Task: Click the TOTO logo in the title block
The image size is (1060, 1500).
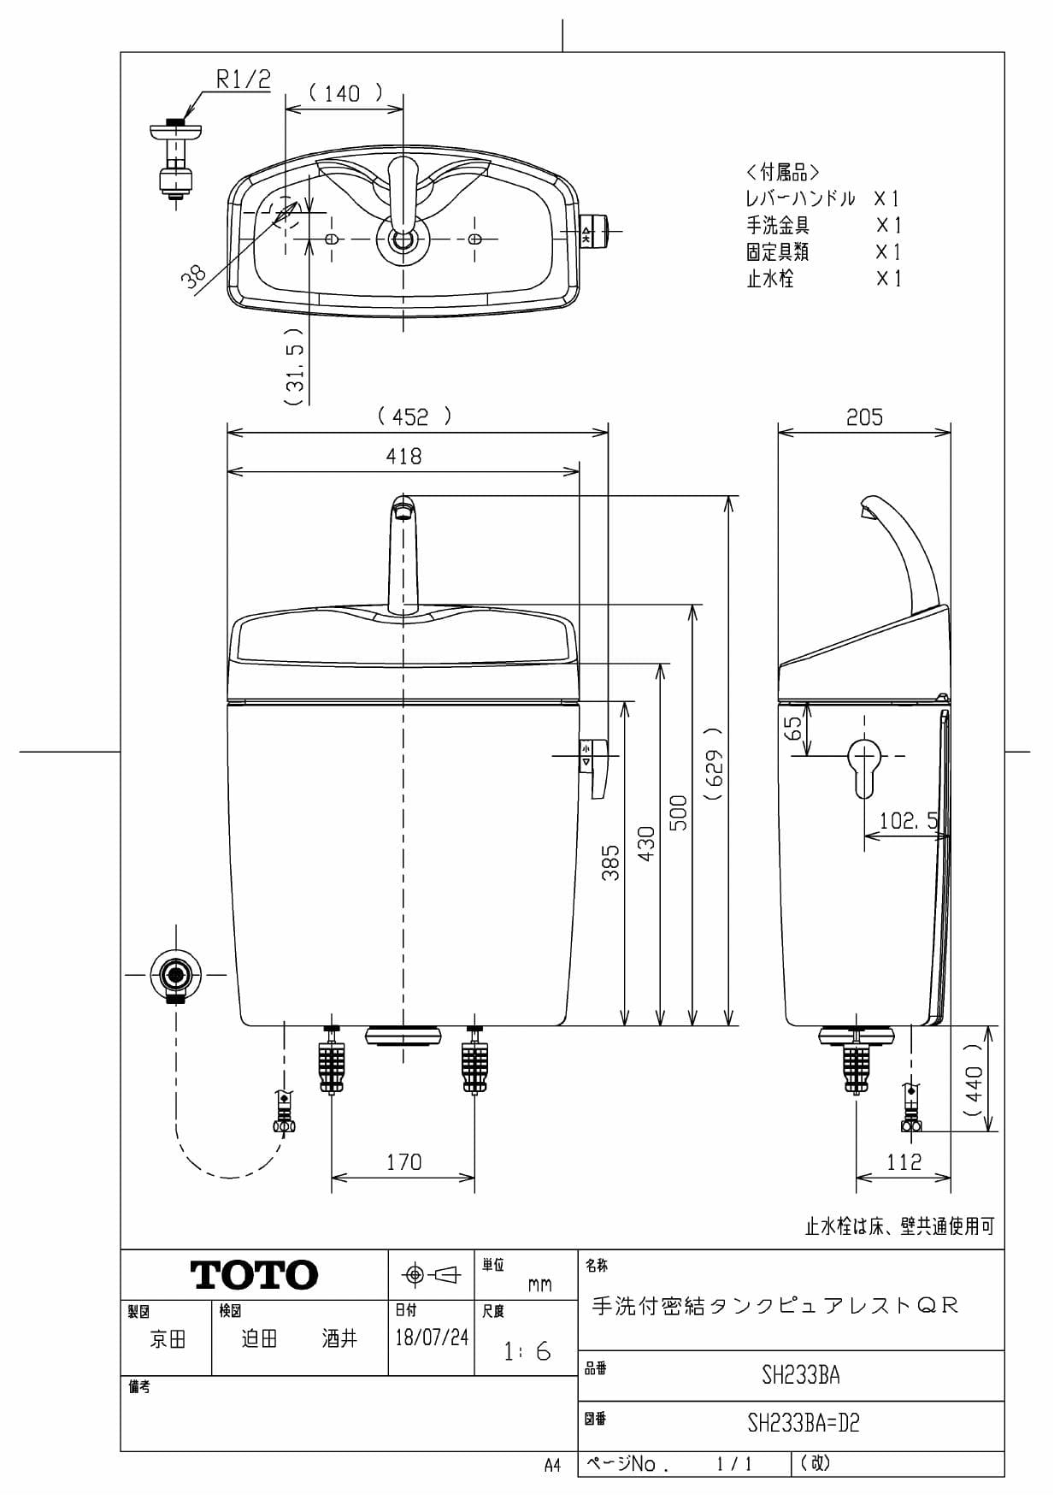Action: [254, 1275]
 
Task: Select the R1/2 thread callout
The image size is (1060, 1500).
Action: [243, 80]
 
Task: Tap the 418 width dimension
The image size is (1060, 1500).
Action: [403, 457]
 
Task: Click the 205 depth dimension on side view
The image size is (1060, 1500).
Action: [864, 417]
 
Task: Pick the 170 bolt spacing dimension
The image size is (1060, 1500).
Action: [403, 1162]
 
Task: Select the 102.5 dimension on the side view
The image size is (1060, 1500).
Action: [909, 822]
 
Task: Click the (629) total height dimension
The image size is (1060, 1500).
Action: [715, 764]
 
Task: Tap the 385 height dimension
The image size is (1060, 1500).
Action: [610, 864]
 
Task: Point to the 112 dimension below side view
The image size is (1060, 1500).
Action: [904, 1162]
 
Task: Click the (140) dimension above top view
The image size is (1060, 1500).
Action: [344, 93]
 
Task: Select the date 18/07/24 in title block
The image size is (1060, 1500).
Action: [432, 1338]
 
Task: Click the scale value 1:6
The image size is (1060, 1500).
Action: [527, 1352]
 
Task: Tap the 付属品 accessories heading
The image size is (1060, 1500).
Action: [782, 172]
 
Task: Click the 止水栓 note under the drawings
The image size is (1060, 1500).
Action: [899, 1227]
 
